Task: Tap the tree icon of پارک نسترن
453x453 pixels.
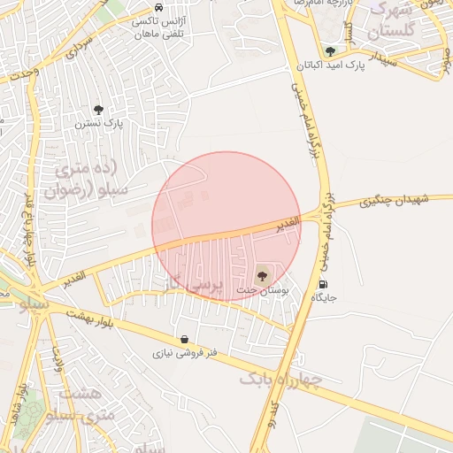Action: (x=98, y=110)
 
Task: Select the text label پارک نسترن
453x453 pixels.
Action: (x=98, y=124)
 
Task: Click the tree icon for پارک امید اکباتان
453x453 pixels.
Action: (x=330, y=51)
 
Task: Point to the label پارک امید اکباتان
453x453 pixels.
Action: (x=329, y=65)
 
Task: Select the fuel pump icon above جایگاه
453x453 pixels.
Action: (x=323, y=284)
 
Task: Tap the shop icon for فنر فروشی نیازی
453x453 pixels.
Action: (x=183, y=339)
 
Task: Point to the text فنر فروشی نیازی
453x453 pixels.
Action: (x=183, y=353)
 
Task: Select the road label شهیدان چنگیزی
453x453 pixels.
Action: (x=395, y=202)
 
